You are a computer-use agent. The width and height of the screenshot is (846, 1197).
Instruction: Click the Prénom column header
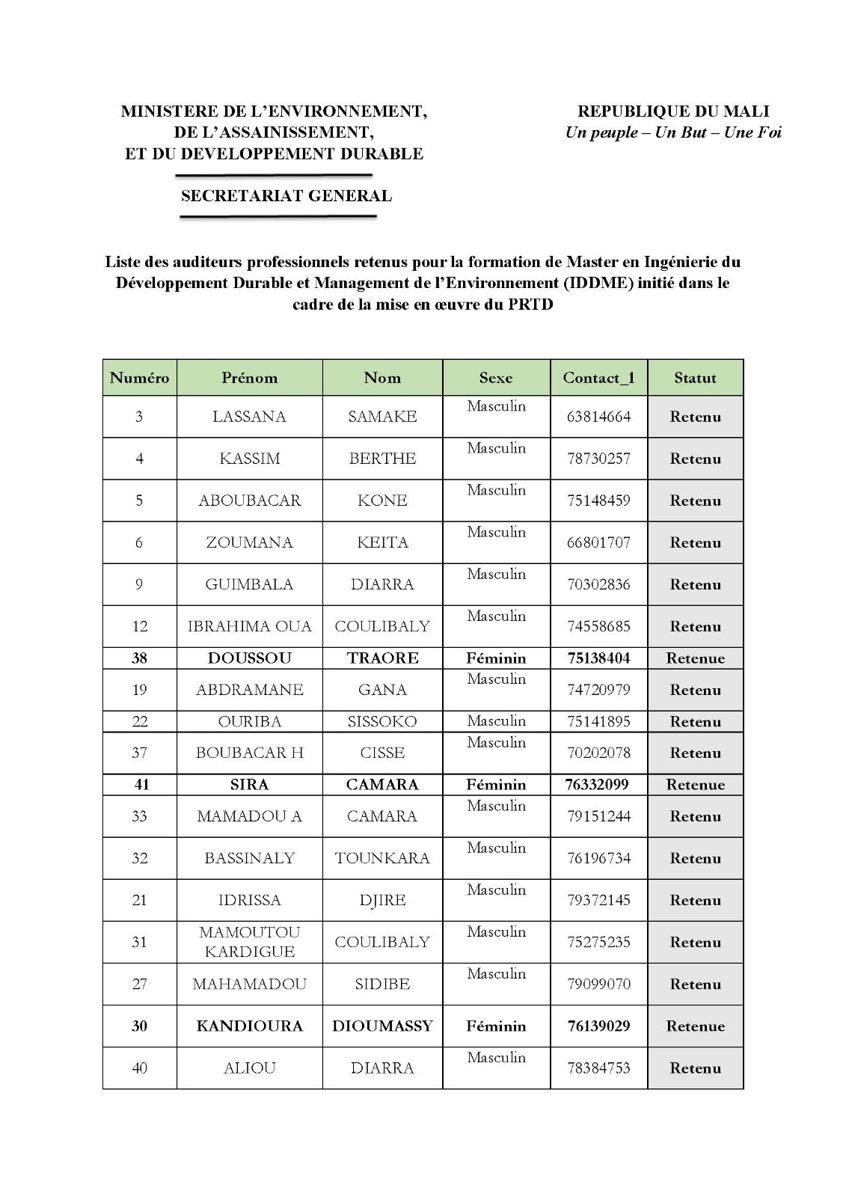point(249,378)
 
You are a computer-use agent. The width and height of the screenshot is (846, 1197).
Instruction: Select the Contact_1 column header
point(598,378)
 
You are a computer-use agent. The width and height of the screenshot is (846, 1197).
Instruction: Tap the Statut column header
point(695,378)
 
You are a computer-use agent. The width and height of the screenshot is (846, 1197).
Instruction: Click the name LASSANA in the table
point(249,417)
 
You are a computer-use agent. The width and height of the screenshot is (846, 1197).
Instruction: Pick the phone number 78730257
point(598,459)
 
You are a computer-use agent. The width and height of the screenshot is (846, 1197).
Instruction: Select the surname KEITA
point(382,542)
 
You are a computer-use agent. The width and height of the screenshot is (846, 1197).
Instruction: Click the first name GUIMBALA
point(249,584)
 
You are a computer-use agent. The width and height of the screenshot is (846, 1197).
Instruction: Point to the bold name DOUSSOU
point(249,658)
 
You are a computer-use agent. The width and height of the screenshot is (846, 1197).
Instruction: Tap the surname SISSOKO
point(382,722)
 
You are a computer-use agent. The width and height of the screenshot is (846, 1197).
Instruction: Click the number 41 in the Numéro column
point(141,785)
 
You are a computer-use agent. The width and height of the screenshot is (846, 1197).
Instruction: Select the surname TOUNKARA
point(382,858)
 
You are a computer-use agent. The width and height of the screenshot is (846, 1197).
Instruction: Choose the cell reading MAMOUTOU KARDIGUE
point(249,942)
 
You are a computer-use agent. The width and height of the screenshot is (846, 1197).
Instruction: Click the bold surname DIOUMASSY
point(382,1026)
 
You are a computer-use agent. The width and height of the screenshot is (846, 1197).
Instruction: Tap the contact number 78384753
point(598,1068)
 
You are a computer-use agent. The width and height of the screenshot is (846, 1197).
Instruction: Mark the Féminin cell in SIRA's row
point(496,785)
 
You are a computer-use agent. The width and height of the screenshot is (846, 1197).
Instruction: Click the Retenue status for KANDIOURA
point(695,1026)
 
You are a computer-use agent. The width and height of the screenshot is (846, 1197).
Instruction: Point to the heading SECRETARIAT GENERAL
point(286,196)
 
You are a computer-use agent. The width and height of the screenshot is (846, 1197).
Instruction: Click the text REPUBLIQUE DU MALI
point(673,111)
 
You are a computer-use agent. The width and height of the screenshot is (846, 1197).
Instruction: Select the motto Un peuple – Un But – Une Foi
point(673,133)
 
